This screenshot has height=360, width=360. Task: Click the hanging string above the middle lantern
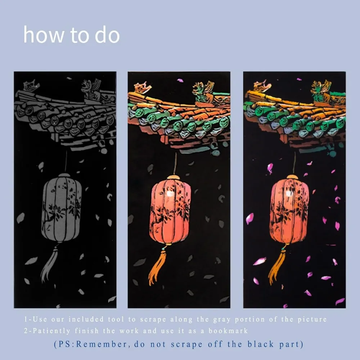click(175, 164)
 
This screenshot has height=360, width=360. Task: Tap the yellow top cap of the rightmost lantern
click(292, 177)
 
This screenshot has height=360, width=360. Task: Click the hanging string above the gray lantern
click(66, 162)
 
